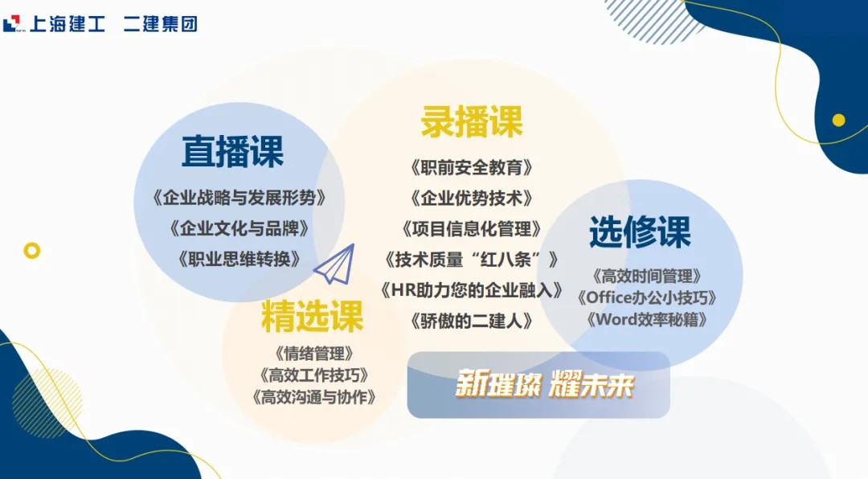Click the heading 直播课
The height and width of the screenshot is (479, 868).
[232, 151]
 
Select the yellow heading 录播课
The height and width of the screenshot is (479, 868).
[472, 121]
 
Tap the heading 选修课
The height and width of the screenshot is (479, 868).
[640, 231]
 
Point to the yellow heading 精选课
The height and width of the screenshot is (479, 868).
[312, 316]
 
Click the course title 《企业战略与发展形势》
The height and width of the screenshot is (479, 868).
[240, 198]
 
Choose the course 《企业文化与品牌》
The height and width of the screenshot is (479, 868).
[240, 228]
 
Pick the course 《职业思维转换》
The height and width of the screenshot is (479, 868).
[240, 259]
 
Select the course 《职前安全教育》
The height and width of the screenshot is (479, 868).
[472, 167]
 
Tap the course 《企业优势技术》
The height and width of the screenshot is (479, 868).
[472, 198]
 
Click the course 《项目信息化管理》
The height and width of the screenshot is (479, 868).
[472, 229]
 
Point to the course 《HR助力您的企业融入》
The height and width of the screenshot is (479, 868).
[472, 289]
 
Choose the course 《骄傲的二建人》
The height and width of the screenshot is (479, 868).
[472, 321]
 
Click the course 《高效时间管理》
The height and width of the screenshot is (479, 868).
[646, 276]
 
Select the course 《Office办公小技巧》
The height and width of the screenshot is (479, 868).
[646, 298]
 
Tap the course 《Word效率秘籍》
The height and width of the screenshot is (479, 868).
[646, 320]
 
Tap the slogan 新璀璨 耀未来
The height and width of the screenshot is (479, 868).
[544, 384]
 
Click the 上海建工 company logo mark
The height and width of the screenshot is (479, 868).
[11, 24]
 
